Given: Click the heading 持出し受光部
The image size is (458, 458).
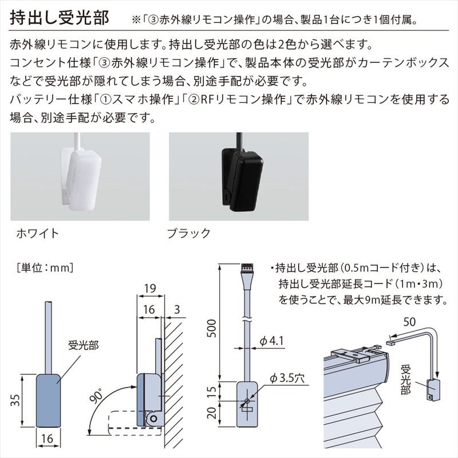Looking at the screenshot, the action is (x=60, y=18).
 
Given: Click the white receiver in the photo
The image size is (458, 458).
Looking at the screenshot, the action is (x=81, y=175).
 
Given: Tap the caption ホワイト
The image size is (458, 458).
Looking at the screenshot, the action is (x=38, y=234).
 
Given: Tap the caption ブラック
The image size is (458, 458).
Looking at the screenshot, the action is (x=189, y=234).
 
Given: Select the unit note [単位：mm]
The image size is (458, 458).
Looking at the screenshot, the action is (x=45, y=267).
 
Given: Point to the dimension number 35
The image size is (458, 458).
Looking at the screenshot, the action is (x=15, y=400).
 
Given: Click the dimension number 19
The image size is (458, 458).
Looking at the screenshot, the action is (x=151, y=289).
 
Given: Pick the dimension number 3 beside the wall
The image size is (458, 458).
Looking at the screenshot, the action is (x=177, y=309).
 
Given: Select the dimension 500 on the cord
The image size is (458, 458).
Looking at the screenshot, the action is (x=211, y=328).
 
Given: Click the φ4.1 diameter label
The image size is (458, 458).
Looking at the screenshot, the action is (x=272, y=341).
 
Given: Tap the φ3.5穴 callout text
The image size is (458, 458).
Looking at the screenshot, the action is (x=287, y=378).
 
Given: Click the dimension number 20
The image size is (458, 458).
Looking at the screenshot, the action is (x=212, y=412).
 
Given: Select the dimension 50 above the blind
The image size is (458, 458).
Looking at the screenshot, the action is (x=409, y=322).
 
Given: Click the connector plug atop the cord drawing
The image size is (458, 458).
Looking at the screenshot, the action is (x=247, y=268).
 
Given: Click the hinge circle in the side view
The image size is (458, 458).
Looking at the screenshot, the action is (x=153, y=418).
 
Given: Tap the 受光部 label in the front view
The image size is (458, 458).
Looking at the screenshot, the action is (x=84, y=346).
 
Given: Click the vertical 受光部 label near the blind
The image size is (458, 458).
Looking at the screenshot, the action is (x=406, y=380).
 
